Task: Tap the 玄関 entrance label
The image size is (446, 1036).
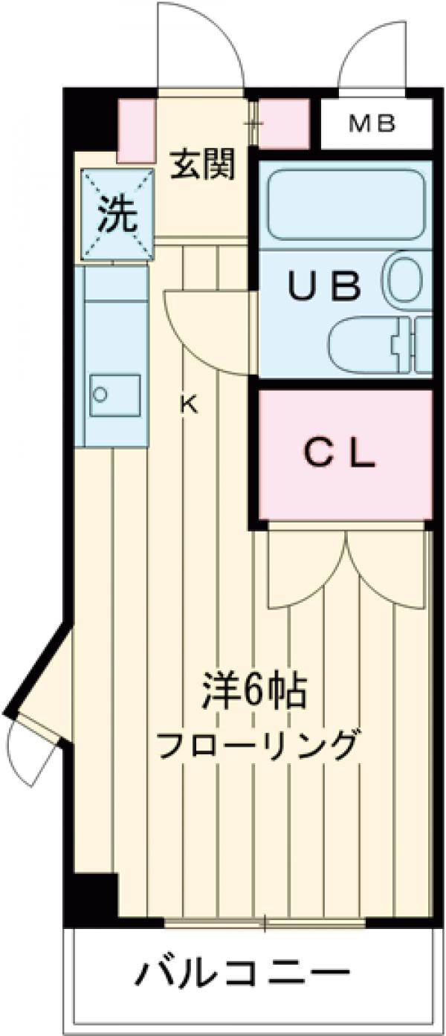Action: pos(203,164)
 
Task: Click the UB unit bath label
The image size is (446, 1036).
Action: pos(325,286)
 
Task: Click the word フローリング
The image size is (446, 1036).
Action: pos(257,745)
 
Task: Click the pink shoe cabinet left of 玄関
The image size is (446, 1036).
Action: pos(136,130)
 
